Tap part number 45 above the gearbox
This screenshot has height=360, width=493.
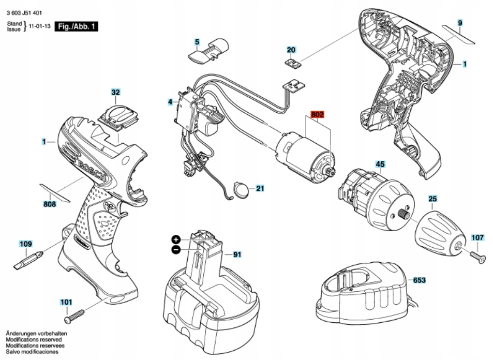(380, 165)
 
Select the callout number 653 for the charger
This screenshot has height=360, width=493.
(419, 280)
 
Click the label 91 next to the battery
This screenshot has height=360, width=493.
(237, 254)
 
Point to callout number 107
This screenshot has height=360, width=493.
(477, 237)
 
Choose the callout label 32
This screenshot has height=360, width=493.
(115, 93)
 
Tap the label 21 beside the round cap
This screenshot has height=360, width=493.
(259, 188)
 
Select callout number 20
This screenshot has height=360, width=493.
(291, 50)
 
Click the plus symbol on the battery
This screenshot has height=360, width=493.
(176, 240)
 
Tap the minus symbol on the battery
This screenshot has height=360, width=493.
(176, 250)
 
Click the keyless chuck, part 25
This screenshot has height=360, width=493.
(437, 231)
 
